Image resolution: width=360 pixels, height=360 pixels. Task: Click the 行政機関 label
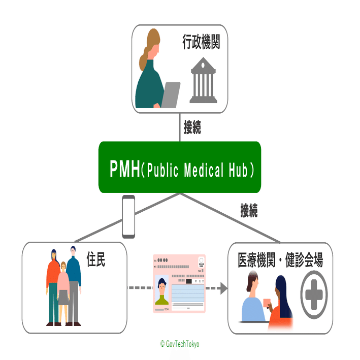[201, 43]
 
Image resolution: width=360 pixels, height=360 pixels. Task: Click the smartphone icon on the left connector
[128, 217]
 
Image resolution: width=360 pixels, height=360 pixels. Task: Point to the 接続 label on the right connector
[249, 210]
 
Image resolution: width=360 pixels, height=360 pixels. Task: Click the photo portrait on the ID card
[162, 290]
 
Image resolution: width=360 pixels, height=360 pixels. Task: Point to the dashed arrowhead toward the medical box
[222, 288]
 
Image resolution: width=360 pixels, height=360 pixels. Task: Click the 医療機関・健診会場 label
[280, 260]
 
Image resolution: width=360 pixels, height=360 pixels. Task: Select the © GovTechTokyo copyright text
[180, 344]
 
